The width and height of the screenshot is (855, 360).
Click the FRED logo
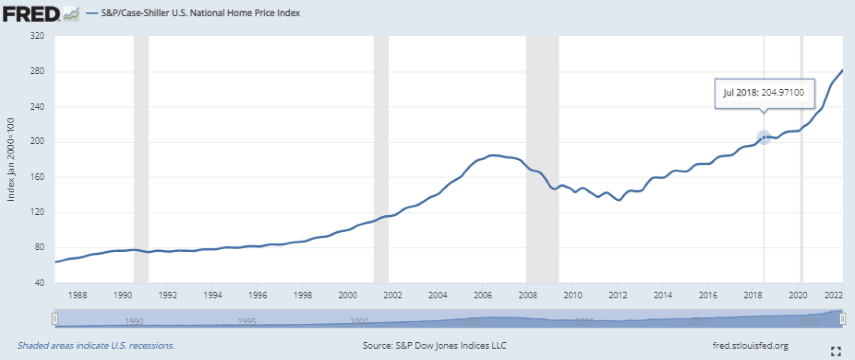tap(31, 13)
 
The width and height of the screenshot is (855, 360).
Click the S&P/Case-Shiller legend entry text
tap(200, 13)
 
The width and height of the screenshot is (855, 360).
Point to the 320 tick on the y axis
tap(37, 36)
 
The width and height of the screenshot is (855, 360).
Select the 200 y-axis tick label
tap(37, 141)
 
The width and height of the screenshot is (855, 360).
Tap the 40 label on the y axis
tap(40, 283)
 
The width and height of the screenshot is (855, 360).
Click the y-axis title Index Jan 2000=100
tap(11, 159)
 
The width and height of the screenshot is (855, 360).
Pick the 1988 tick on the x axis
tap(77, 295)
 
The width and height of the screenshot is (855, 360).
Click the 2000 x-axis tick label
tap(347, 295)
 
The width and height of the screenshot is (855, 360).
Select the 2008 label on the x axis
tap(527, 295)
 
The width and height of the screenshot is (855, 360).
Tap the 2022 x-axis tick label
tap(833, 295)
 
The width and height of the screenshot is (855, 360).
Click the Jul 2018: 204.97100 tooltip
tap(764, 93)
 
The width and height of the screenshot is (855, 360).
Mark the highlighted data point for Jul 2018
tap(764, 137)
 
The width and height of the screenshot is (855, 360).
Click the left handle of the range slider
tap(55, 319)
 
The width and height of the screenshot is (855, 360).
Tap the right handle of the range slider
tap(842, 319)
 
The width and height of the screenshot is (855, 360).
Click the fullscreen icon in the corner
tap(836, 351)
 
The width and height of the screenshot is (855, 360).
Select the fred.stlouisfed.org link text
tap(750, 346)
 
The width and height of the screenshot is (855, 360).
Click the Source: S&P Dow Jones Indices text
tap(434, 346)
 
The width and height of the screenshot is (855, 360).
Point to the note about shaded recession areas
tap(96, 346)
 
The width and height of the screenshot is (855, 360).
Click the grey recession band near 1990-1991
tap(141, 157)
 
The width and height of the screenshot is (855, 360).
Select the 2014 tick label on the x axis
tap(662, 295)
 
